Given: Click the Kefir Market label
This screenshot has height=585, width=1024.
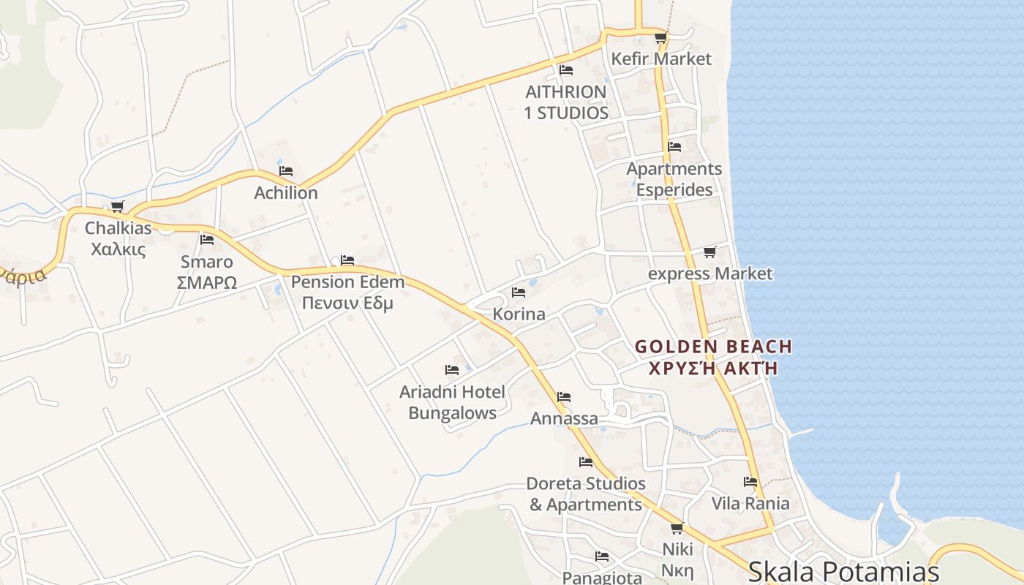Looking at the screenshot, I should pyautogui.click(x=661, y=59).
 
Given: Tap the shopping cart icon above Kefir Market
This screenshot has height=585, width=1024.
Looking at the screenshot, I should pyautogui.click(x=660, y=37).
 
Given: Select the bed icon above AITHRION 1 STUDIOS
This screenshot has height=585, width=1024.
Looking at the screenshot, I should pyautogui.click(x=565, y=70).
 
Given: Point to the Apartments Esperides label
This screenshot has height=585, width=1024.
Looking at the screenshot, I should pyautogui.click(x=674, y=179).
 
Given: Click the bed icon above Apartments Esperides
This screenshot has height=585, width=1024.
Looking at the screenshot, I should pyautogui.click(x=674, y=147).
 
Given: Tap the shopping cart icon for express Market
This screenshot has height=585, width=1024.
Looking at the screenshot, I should pyautogui.click(x=709, y=252).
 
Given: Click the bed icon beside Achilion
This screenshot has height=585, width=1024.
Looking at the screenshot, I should pyautogui.click(x=286, y=171).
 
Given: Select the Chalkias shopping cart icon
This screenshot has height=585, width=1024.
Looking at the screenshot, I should pyautogui.click(x=118, y=206).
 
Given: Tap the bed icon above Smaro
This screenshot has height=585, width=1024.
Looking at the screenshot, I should pyautogui.click(x=207, y=239).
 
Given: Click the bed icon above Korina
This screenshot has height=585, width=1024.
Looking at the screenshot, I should pyautogui.click(x=519, y=292).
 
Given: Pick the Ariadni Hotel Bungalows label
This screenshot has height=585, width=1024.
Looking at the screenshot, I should pyautogui.click(x=452, y=402).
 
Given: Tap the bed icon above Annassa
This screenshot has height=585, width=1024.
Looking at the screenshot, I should pyautogui.click(x=563, y=397).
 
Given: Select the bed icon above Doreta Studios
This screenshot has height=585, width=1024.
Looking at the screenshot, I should pyautogui.click(x=586, y=462).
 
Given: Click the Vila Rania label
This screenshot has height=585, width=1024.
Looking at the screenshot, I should pyautogui.click(x=750, y=503).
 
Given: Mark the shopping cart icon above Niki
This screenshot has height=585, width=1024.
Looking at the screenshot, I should pyautogui.click(x=677, y=528).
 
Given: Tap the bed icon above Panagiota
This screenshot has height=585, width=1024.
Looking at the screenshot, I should pyautogui.click(x=601, y=556).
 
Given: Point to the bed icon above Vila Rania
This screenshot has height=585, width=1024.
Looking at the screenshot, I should pyautogui.click(x=750, y=482).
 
